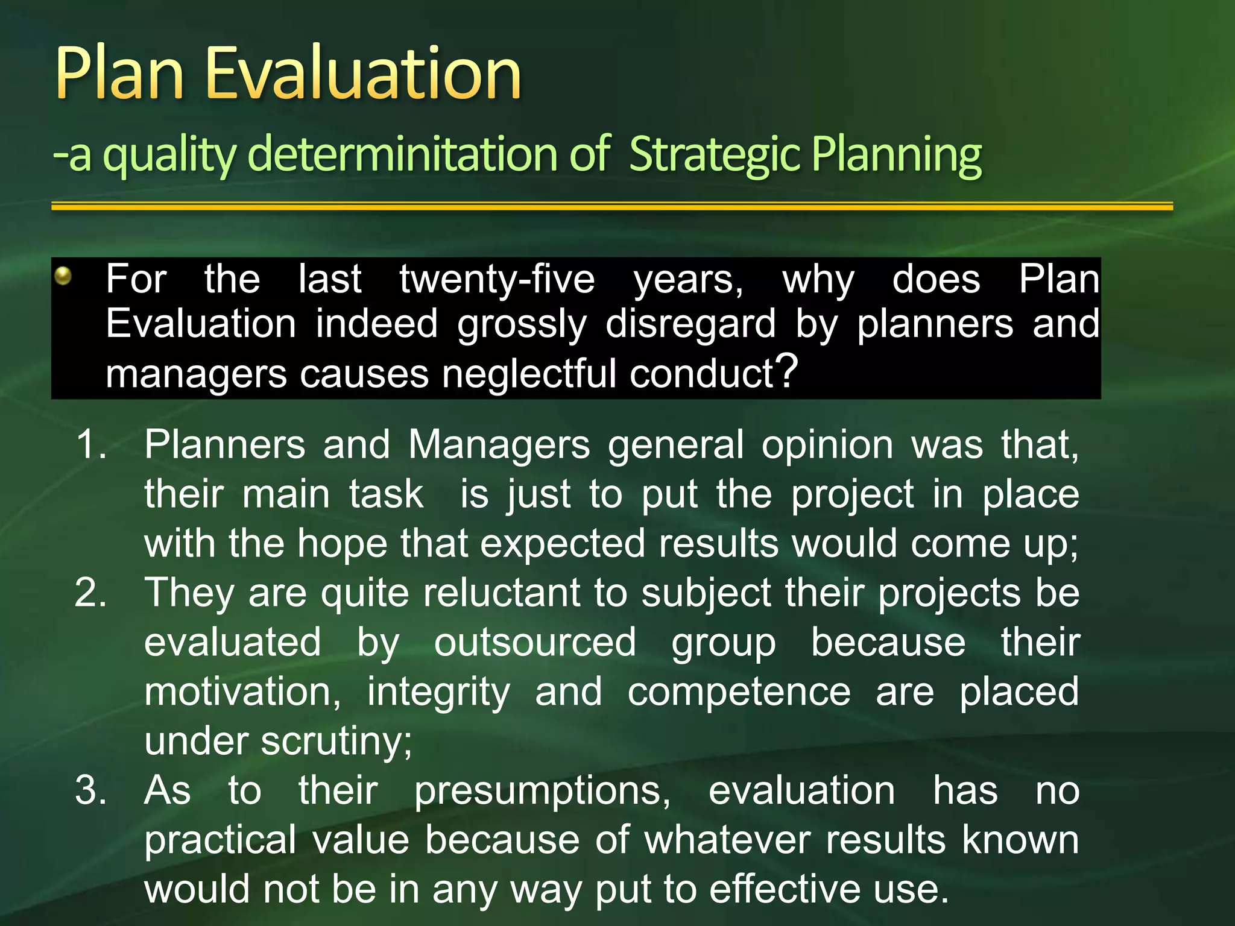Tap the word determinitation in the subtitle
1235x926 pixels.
(x=402, y=154)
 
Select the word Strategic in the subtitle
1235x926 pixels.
(x=715, y=154)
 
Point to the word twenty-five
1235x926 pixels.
(x=497, y=279)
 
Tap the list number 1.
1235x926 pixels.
(x=90, y=445)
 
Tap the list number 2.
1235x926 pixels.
(x=90, y=593)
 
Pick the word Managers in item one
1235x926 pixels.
(x=499, y=445)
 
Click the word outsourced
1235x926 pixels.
(x=535, y=642)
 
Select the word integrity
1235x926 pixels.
(x=438, y=692)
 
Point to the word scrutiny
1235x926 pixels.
(x=336, y=742)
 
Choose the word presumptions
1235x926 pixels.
(x=542, y=791)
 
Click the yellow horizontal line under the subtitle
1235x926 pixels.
(x=611, y=206)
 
